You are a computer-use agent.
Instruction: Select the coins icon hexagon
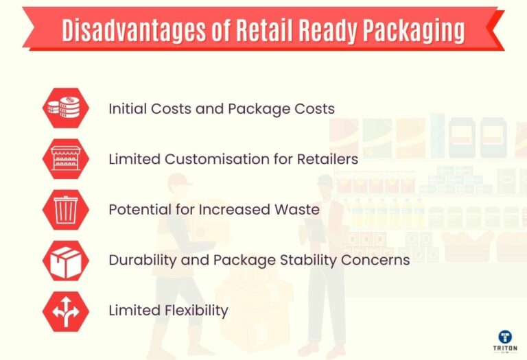click(66, 108)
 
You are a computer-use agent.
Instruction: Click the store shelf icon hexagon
click(66, 159)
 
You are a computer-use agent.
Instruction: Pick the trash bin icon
click(66, 210)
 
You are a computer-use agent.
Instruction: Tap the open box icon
click(66, 261)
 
